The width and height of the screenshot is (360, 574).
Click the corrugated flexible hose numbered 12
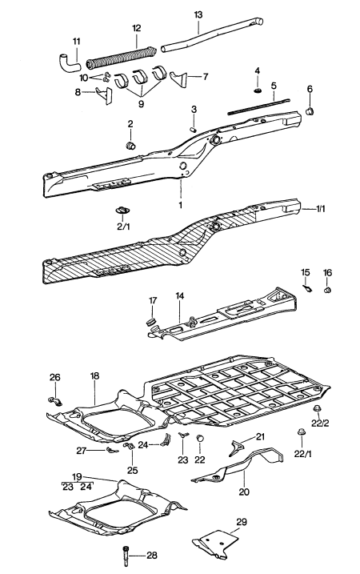pyautogui.click(x=121, y=57)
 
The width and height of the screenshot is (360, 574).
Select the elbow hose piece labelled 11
pyautogui.click(x=69, y=63)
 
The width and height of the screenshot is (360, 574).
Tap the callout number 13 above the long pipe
pyautogui.click(x=198, y=15)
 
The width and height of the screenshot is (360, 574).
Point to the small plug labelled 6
pyautogui.click(x=310, y=110)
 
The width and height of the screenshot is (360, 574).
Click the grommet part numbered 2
pyautogui.click(x=130, y=146)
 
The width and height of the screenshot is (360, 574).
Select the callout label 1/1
pyautogui.click(x=321, y=209)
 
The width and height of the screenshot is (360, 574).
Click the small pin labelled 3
pyautogui.click(x=194, y=129)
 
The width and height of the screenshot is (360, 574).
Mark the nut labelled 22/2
pyautogui.click(x=316, y=408)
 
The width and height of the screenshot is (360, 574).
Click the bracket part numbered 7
pyautogui.click(x=178, y=79)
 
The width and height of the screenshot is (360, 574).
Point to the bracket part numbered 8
pyautogui.click(x=104, y=94)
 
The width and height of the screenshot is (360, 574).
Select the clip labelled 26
pyautogui.click(x=55, y=401)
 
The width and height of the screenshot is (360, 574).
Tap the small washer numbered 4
pyautogui.click(x=258, y=90)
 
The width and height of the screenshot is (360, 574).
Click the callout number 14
pyautogui.click(x=180, y=295)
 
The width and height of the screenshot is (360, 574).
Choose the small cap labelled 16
pyautogui.click(x=327, y=291)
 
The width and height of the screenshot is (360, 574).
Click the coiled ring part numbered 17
pyautogui.click(x=151, y=321)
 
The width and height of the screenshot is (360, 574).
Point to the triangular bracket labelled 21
pyautogui.click(x=236, y=448)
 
